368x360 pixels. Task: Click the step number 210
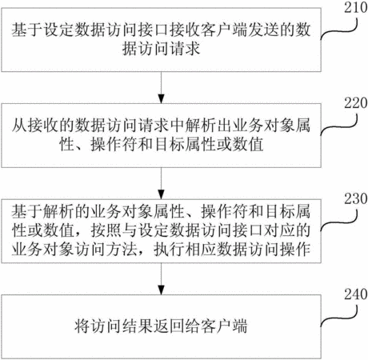point(355,7)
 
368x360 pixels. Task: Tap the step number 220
point(355,103)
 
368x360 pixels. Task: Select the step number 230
point(355,198)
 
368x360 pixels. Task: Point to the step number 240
point(355,294)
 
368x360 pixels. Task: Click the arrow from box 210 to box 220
point(161,87)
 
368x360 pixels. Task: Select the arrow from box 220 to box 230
point(161,183)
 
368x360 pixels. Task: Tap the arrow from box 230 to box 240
point(161,279)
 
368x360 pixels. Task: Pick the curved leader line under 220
point(338,127)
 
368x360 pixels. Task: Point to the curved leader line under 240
point(338,318)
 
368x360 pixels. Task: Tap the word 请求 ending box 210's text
point(185,49)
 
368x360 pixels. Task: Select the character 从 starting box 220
point(19,126)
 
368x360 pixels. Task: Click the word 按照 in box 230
point(106,230)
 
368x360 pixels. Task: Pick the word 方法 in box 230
point(122,250)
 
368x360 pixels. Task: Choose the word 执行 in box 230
point(169,250)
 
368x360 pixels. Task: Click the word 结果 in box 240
point(138,326)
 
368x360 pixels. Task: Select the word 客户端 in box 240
point(224,326)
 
